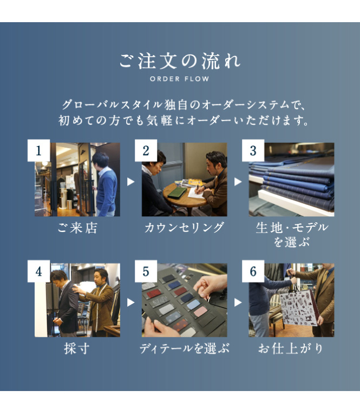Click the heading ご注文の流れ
[x=180, y=61]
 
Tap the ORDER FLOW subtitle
[x=180, y=79]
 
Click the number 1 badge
[x=38, y=150]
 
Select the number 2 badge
[x=146, y=150]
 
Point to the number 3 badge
[x=253, y=150]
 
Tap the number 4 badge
[x=38, y=272]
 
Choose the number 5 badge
[x=146, y=272]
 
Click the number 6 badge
[x=253, y=272]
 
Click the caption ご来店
[x=77, y=228]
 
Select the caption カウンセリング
[x=184, y=228]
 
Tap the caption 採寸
[x=77, y=348]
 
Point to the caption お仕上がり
[x=291, y=349]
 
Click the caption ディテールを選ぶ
[x=184, y=349]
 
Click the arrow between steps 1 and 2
[x=130, y=182]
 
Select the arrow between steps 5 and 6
[x=238, y=302]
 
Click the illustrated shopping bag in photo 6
[x=299, y=308]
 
